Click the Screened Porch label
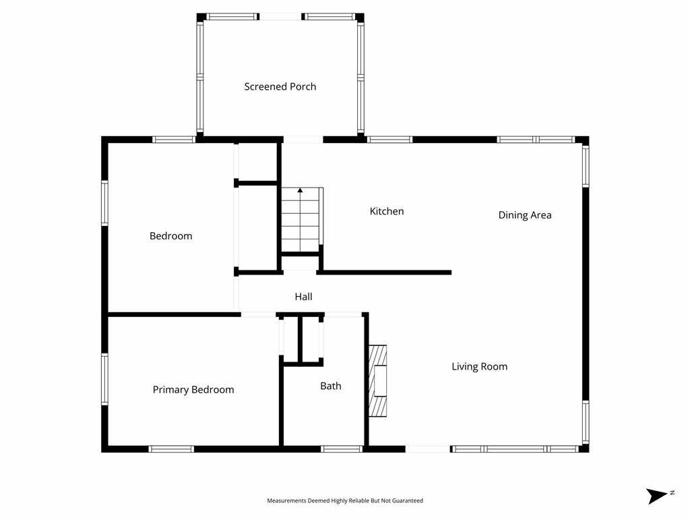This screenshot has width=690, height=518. (280, 86)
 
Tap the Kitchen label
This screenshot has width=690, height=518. (387, 211)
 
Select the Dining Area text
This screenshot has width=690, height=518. (525, 215)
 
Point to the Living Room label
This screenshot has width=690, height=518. (479, 366)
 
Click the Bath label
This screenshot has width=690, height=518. (330, 386)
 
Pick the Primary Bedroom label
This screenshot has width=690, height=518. (193, 389)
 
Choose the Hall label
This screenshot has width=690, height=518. (303, 296)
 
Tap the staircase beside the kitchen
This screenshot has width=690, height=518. (301, 223)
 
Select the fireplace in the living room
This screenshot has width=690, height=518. (377, 380)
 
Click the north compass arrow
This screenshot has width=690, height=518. (657, 496)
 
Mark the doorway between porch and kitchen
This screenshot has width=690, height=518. (303, 140)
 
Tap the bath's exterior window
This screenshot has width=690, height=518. (342, 449)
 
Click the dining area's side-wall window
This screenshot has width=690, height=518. (585, 166)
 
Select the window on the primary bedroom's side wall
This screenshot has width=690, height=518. (104, 379)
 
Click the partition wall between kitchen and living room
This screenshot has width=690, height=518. (384, 272)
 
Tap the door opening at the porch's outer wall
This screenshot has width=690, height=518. (280, 16)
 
